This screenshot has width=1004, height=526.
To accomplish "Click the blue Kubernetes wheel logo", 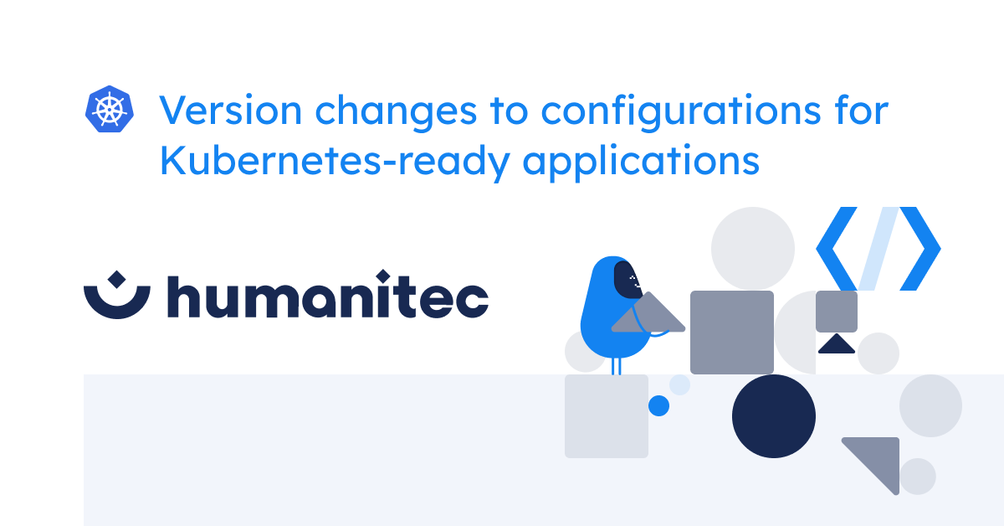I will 110,110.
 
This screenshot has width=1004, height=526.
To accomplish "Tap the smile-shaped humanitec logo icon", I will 117,295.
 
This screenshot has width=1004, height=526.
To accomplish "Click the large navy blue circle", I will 773,416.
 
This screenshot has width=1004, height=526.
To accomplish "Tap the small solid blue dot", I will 659,405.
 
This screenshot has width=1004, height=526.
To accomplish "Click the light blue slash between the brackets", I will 878,249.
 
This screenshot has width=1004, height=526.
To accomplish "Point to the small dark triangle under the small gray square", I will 835,345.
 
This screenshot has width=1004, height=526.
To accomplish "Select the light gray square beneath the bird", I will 606,416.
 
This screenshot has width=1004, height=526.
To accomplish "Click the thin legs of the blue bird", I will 617,365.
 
